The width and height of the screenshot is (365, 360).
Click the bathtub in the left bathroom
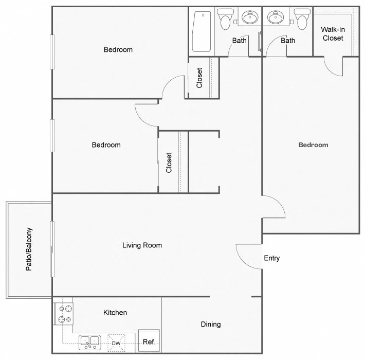(x=202, y=32)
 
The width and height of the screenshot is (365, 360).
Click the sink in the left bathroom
(x=250, y=18)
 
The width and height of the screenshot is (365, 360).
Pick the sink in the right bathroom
(x=277, y=18)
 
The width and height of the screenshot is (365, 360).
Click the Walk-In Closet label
(x=333, y=33)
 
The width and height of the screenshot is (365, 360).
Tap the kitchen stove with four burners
(x=64, y=314)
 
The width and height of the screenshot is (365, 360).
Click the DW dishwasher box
(x=117, y=343)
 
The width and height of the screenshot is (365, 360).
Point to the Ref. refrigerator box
(x=149, y=341)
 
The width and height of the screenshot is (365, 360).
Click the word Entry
(x=271, y=258)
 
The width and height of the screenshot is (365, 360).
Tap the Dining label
(x=211, y=324)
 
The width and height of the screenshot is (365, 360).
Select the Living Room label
(x=142, y=245)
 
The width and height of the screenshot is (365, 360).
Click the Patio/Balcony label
(x=29, y=249)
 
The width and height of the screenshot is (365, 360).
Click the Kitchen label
(x=115, y=312)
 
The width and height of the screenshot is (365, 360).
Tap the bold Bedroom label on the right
(x=313, y=145)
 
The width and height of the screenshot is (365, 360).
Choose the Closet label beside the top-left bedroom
(x=199, y=78)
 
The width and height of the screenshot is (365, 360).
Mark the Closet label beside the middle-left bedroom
(x=169, y=162)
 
